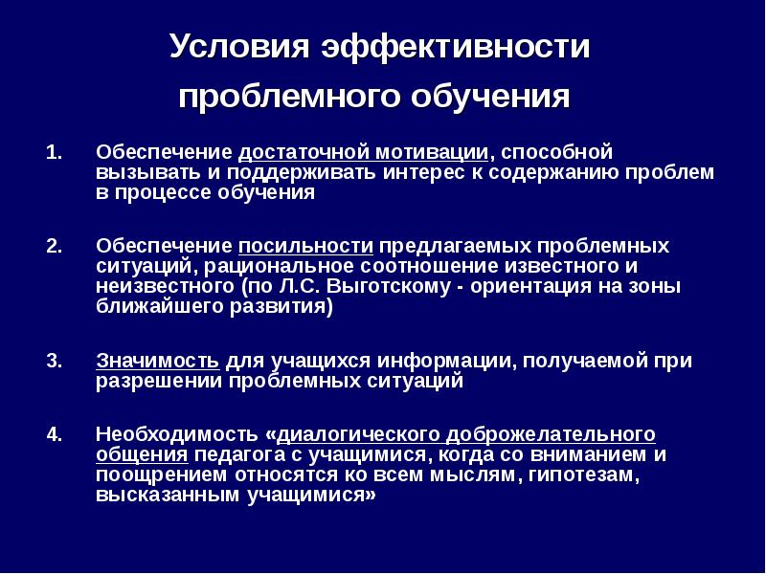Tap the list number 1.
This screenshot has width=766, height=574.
click(54, 153)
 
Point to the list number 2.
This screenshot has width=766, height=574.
click(54, 245)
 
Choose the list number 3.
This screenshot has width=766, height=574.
click(54, 362)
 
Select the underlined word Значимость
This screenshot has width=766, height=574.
click(158, 362)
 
